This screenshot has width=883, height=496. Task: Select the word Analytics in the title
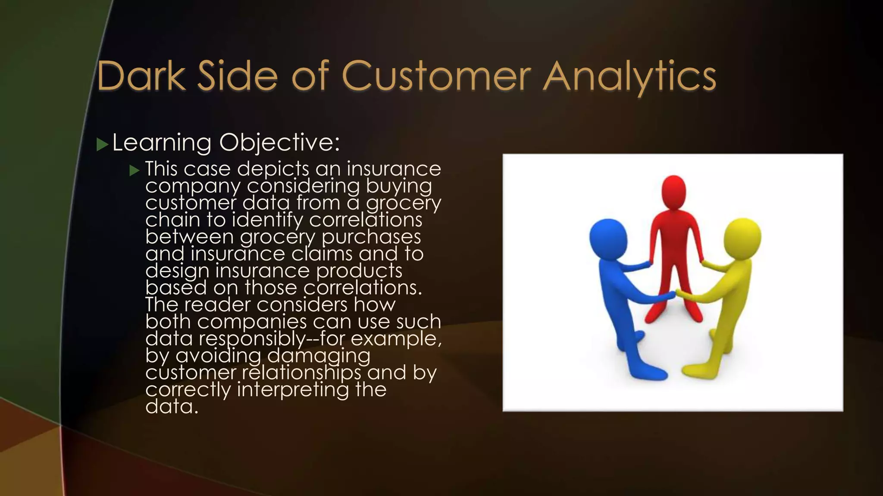(629, 77)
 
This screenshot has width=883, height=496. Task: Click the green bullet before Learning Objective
(102, 145)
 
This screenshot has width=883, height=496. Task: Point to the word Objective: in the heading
(279, 143)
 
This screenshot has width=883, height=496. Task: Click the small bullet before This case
(135, 170)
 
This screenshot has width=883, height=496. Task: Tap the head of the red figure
(673, 192)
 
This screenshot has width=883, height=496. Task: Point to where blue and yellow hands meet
(676, 294)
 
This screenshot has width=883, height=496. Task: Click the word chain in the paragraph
(172, 220)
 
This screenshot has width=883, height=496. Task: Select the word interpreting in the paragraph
(293, 390)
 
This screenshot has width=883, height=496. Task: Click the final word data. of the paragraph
(172, 406)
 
